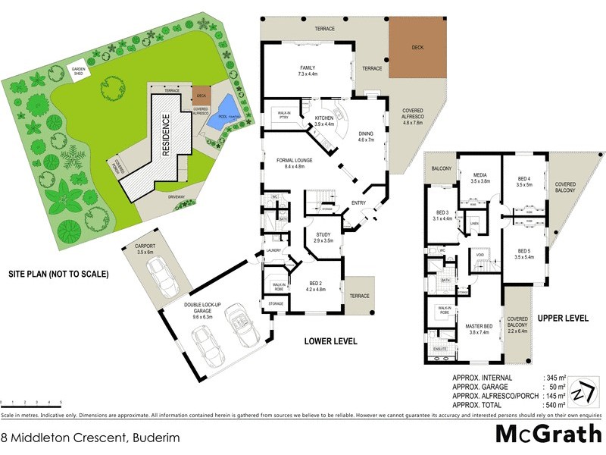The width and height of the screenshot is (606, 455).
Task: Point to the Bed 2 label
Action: (314, 285)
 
